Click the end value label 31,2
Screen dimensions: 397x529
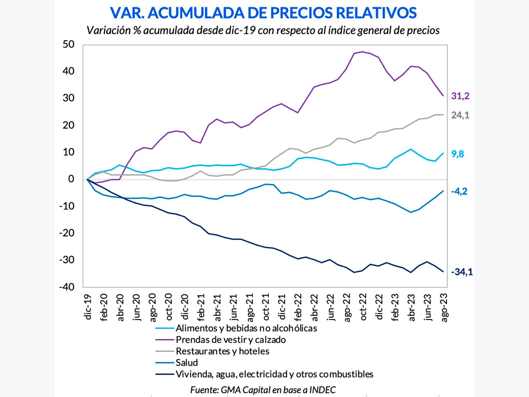click(460, 96)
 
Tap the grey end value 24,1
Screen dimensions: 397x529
click(460, 115)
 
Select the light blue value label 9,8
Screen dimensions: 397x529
click(458, 154)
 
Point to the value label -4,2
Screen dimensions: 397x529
click(459, 191)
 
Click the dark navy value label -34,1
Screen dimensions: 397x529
click(461, 272)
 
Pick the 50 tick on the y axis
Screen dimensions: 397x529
click(68, 44)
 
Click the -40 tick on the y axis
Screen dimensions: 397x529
click(67, 287)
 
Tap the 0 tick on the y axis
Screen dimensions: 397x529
click(71, 179)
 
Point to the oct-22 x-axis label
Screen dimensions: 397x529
click(363, 307)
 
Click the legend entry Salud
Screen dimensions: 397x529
click(187, 363)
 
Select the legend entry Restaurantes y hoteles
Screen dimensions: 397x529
click(222, 351)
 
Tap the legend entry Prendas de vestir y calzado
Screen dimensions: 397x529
click(231, 340)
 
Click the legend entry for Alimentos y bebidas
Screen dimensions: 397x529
click(246, 328)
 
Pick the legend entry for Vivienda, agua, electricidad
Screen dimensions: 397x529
click(274, 374)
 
